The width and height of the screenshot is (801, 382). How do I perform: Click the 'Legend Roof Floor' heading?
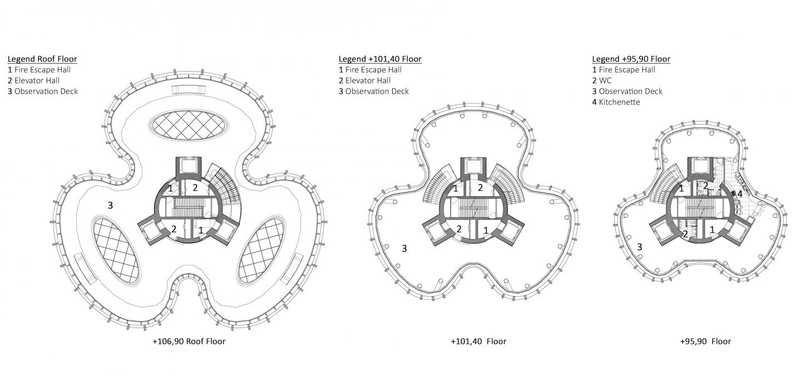click(x=42, y=59)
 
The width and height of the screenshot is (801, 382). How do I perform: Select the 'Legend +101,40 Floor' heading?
click(x=380, y=59)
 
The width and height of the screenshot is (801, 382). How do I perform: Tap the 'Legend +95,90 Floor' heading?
click(x=631, y=59)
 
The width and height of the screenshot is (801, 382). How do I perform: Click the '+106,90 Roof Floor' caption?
click(x=189, y=341)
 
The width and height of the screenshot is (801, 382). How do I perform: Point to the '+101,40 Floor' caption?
click(x=478, y=341)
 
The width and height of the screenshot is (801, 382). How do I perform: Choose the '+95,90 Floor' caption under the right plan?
click(x=705, y=341)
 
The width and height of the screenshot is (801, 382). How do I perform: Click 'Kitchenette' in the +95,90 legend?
click(x=619, y=102)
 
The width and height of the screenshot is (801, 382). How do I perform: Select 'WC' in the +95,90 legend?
click(x=605, y=81)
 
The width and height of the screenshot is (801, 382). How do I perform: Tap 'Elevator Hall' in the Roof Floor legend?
click(x=37, y=81)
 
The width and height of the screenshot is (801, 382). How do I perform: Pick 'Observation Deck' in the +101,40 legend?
click(x=377, y=91)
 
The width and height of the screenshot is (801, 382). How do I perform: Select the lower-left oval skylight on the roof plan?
click(x=116, y=250)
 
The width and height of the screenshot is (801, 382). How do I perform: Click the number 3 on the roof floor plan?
click(x=110, y=205)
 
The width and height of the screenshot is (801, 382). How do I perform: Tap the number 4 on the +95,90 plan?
click(x=740, y=194)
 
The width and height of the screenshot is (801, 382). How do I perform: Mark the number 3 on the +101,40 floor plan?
click(x=404, y=249)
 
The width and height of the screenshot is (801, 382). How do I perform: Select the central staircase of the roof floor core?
click(x=188, y=207)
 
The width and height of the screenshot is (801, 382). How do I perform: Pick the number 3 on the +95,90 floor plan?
click(x=640, y=246)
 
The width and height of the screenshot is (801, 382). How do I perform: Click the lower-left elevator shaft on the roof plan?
click(x=152, y=231)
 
